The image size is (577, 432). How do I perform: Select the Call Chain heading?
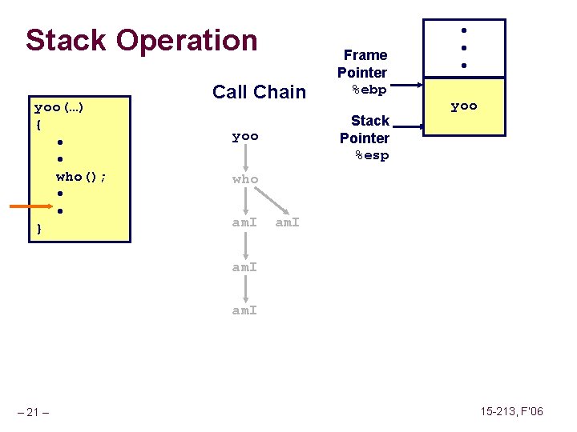pos(259,92)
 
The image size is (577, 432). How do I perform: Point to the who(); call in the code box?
pos(82,176)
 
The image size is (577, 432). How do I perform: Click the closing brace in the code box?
pos(38,229)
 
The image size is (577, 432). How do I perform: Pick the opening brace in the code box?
pos(38,125)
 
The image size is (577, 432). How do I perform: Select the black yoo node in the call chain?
pos(245,137)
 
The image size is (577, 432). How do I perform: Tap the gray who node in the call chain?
pos(245,179)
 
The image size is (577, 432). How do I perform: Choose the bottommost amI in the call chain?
pos(245,310)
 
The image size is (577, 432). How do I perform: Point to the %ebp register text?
pos(369,90)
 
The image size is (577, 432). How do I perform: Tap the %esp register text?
pos(371,155)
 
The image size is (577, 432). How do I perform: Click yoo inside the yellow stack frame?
pos(463,106)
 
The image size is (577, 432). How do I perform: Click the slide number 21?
pos(34,412)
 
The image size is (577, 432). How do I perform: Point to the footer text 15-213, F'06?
pos(511,411)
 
